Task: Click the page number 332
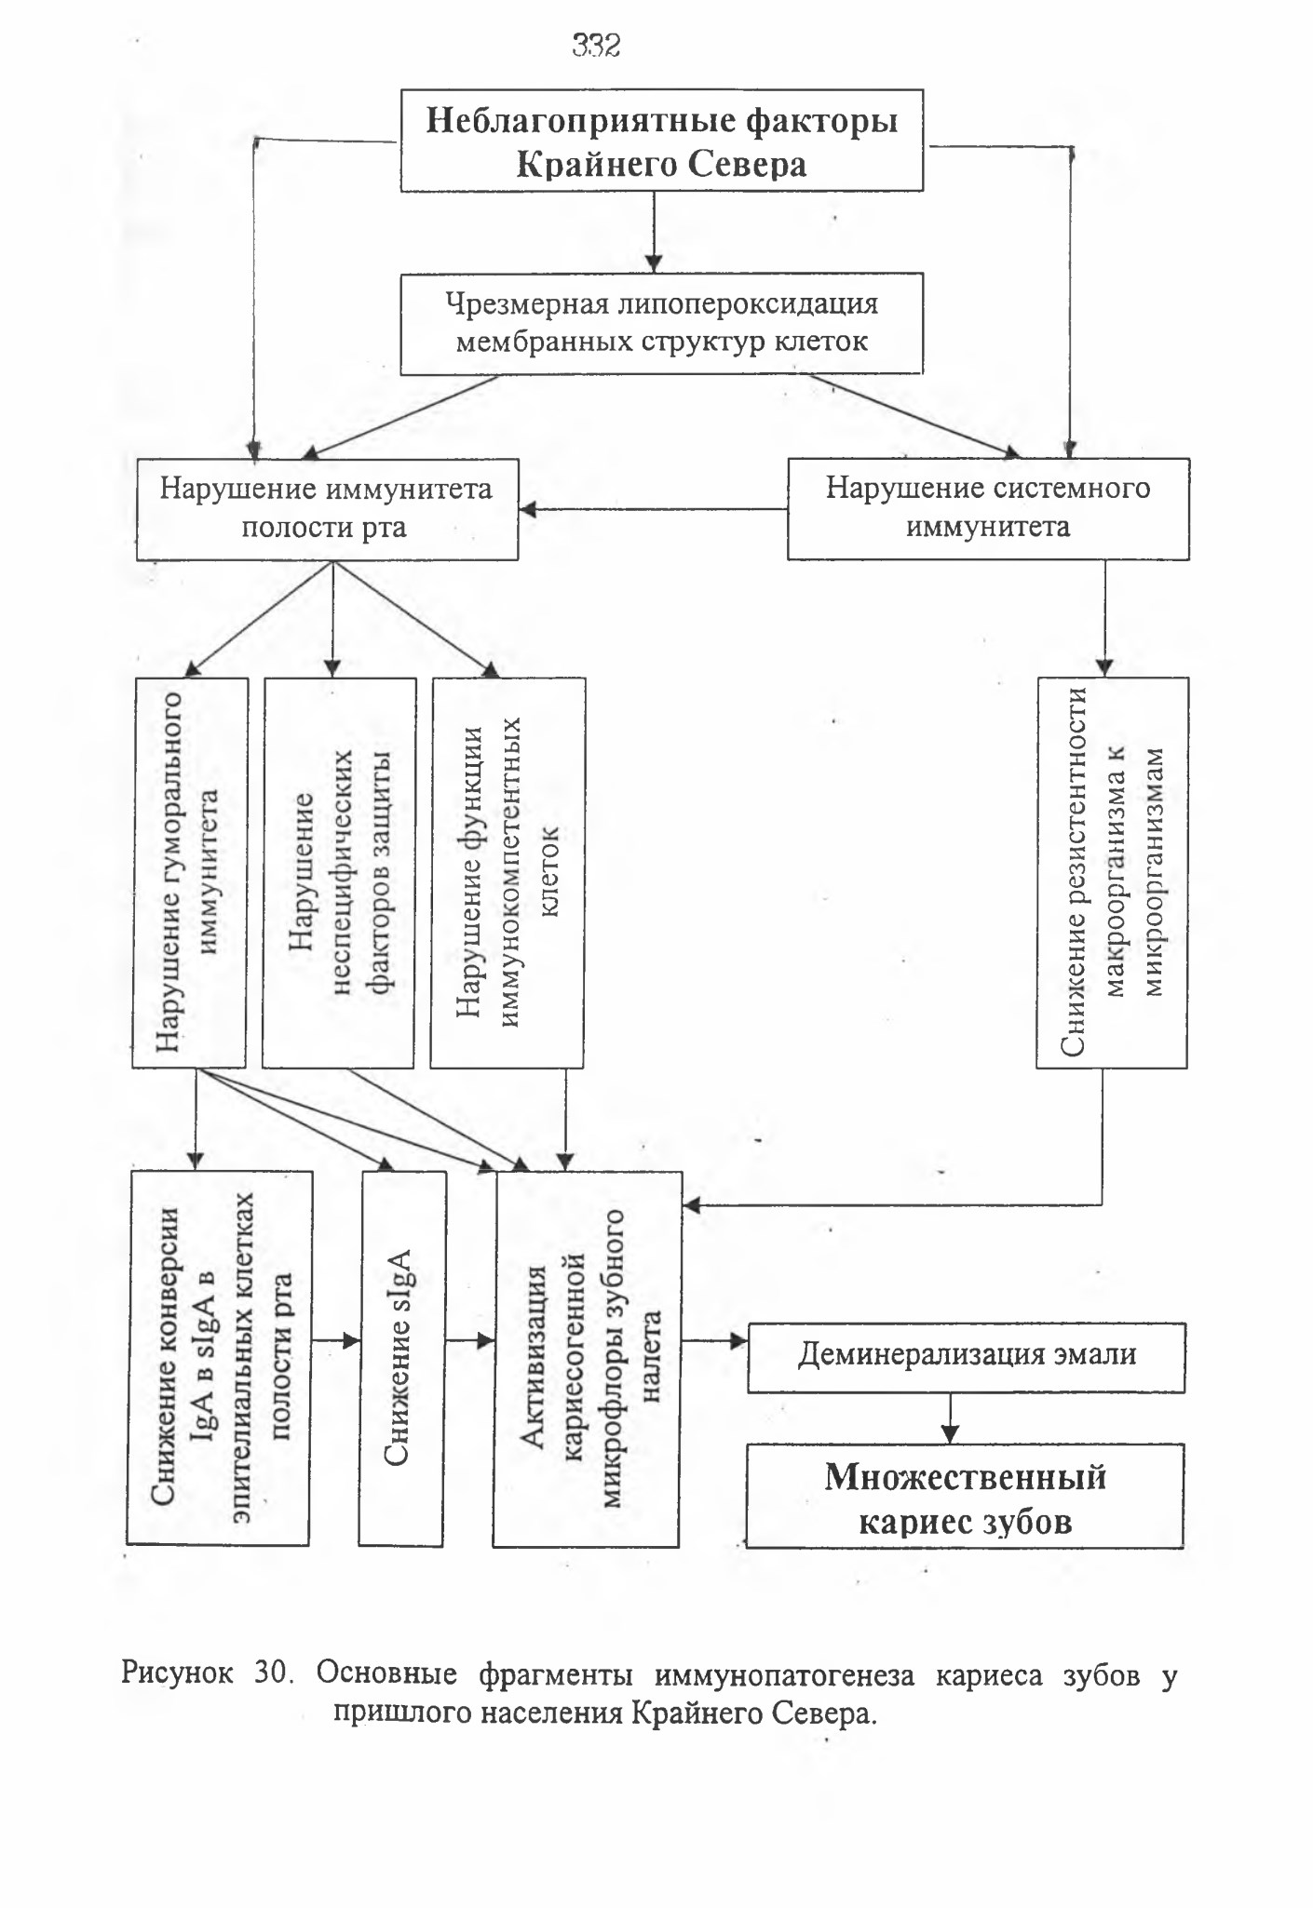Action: click(596, 45)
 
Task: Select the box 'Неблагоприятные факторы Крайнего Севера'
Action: click(661, 141)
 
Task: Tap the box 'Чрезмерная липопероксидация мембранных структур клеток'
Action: click(661, 323)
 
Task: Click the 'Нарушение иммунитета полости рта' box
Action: click(327, 509)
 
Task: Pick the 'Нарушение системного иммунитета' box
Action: click(988, 508)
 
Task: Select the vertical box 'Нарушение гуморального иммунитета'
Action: click(190, 872)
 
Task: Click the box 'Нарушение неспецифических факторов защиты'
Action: click(339, 872)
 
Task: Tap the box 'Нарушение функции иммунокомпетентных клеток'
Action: click(508, 872)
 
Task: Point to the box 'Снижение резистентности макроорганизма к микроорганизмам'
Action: click(1113, 872)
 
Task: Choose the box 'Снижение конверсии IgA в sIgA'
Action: click(219, 1358)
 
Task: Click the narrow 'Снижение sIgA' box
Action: click(402, 1358)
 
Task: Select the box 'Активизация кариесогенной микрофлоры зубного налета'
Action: click(588, 1359)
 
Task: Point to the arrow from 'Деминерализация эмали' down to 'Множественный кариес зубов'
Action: click(949, 1418)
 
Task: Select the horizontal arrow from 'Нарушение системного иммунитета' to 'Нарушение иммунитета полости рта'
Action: click(654, 509)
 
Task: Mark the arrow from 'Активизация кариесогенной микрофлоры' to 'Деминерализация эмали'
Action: click(715, 1341)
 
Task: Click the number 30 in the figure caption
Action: click(274, 1673)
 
